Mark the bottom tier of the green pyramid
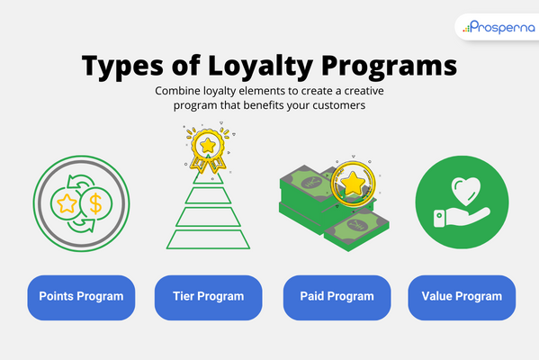(x=209, y=238)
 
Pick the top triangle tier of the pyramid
(x=209, y=182)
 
